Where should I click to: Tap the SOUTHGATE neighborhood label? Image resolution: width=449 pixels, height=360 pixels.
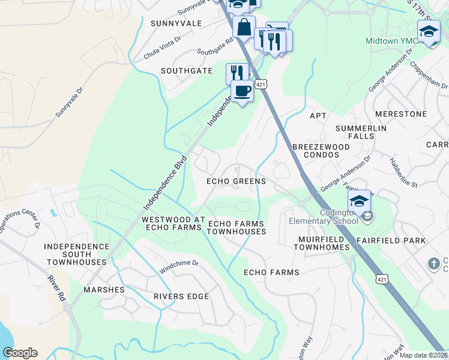pyautogui.click(x=187, y=71)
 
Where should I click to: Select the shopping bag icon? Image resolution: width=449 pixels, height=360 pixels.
pyautogui.click(x=244, y=27)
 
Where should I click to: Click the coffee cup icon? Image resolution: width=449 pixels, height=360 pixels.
pyautogui.click(x=242, y=91)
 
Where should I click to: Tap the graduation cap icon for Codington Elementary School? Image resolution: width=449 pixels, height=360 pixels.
pyautogui.click(x=359, y=201)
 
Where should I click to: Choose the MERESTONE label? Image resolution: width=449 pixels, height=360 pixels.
pyautogui.click(x=400, y=113)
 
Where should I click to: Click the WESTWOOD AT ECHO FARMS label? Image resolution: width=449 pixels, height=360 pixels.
pyautogui.click(x=173, y=224)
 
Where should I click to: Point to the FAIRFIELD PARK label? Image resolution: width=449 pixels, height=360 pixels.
pyautogui.click(x=390, y=241)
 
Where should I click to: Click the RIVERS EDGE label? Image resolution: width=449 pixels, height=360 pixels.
pyautogui.click(x=181, y=296)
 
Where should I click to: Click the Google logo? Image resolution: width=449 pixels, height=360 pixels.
pyautogui.click(x=20, y=353)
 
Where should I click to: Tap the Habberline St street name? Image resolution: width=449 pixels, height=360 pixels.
pyautogui.click(x=402, y=172)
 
